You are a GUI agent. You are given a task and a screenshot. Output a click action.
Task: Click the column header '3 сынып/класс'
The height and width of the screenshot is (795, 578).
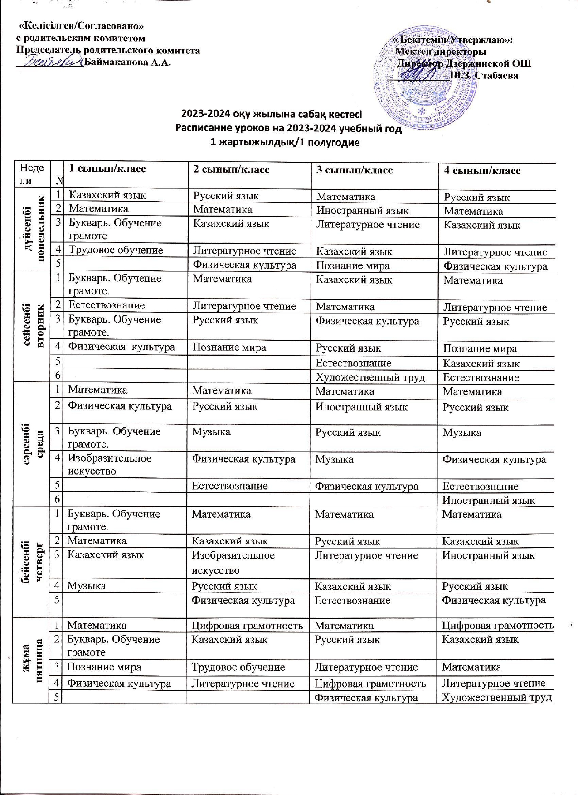(x=355, y=171)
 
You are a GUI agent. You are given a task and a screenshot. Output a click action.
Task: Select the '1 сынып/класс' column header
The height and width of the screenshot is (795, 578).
(x=107, y=169)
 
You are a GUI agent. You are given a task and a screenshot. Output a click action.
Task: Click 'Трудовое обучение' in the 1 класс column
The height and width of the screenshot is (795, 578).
(x=115, y=250)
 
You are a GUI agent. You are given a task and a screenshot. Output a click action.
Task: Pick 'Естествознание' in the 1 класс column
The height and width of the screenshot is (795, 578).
(x=107, y=305)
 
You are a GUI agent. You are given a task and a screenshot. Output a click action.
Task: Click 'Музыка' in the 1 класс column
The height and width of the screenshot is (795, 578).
(x=87, y=586)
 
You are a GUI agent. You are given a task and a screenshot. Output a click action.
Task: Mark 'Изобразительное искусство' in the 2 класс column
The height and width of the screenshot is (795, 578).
(x=233, y=563)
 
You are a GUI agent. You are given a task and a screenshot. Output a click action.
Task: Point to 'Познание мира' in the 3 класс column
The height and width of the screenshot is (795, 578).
(x=353, y=266)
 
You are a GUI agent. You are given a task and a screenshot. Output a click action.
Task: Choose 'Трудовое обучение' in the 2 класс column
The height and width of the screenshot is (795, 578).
(x=238, y=667)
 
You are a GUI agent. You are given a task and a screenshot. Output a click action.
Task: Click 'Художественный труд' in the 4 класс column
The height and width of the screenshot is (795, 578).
(x=497, y=698)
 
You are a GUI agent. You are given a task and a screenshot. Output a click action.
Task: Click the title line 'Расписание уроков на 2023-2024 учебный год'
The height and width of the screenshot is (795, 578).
(x=288, y=129)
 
